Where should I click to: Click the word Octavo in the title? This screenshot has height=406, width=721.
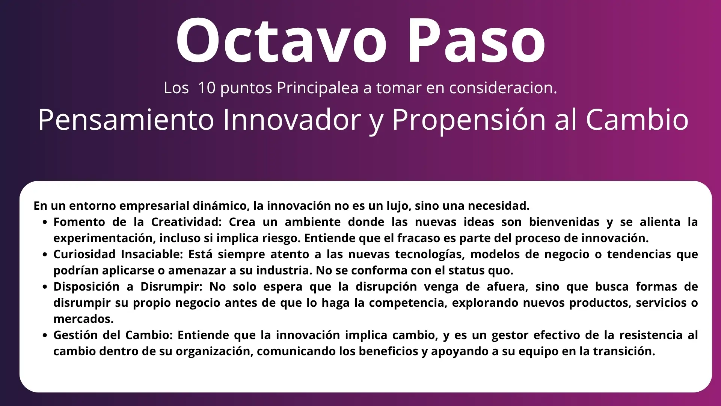[281, 40]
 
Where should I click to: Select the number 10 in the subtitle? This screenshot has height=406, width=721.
[207, 88]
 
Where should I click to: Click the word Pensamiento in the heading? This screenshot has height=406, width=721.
[126, 120]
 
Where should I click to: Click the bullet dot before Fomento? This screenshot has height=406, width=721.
[45, 223]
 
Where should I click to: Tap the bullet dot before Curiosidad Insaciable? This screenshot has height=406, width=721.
[45, 255]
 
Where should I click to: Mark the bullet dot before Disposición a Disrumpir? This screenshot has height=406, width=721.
[45, 287]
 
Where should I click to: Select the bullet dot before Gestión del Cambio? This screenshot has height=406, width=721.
[45, 336]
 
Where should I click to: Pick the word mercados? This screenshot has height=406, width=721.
[83, 319]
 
